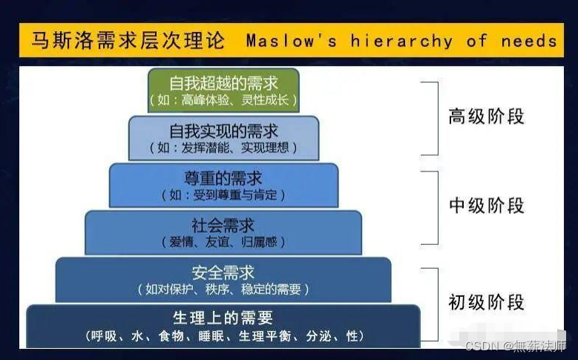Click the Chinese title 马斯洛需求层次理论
point(128,40)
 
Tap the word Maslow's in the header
point(291,40)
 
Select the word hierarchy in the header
point(401,41)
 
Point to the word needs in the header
point(529,41)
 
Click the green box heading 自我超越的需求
point(223,83)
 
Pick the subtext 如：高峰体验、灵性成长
point(223,100)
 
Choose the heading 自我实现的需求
point(223,131)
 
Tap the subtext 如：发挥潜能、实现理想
point(223,148)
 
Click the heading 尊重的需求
point(223,178)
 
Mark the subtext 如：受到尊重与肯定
point(223,194)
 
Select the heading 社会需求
point(223,226)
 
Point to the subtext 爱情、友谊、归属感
point(223,242)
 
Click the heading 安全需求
point(223,273)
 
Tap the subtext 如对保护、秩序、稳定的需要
point(223,289)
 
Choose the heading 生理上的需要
point(223,318)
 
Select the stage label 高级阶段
point(486,117)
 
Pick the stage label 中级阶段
point(486,206)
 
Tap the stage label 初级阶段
point(486,302)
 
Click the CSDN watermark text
point(516,346)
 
